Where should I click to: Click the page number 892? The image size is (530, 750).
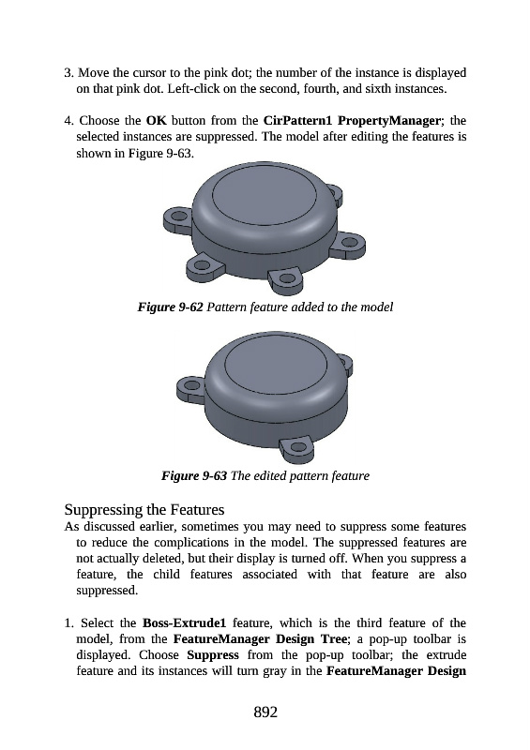[x=265, y=712]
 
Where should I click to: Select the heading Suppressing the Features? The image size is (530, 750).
[x=144, y=509]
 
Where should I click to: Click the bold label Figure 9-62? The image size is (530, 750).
[x=171, y=307]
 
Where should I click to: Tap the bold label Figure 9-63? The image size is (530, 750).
[x=194, y=475]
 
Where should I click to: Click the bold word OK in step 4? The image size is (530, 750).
[x=156, y=121]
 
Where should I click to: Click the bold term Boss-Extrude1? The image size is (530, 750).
[x=184, y=623]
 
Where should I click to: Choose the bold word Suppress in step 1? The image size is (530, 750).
[x=213, y=655]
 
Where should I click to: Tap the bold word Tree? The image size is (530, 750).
[x=334, y=639]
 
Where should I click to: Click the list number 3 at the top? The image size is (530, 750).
[x=68, y=73]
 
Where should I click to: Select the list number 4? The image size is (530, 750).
[x=68, y=121]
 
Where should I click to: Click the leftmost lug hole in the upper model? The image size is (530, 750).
[x=179, y=216]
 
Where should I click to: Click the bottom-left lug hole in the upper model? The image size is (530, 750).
[x=203, y=264]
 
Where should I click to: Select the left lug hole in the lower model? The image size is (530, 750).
[x=192, y=385]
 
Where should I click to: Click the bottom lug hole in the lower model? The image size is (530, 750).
[x=298, y=448]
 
